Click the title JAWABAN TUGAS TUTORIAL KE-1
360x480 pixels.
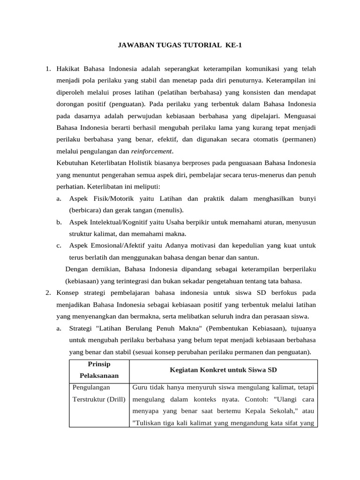(x=180, y=45)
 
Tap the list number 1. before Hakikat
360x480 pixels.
(x=48, y=69)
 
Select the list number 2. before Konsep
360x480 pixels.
(x=48, y=292)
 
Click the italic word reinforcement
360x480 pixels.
(x=152, y=151)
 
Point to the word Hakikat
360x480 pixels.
(x=69, y=69)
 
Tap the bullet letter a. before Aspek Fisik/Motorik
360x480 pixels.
(x=59, y=199)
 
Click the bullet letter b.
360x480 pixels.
(x=59, y=222)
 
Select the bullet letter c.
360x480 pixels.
(x=59, y=246)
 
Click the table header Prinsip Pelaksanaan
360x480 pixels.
(x=99, y=370)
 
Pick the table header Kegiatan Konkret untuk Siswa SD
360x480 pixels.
(x=223, y=370)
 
